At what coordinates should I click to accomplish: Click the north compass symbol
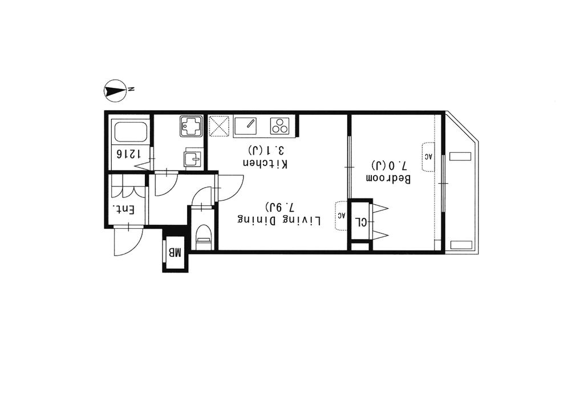pos(115,90)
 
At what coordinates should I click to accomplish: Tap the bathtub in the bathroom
pos(131,132)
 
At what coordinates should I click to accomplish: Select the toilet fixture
pos(204,237)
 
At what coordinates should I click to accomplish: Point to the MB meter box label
pos(175,253)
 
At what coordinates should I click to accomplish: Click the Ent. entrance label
pos(124,210)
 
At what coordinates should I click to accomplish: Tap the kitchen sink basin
pos(245,125)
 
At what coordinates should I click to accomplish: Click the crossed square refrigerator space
pos(219,126)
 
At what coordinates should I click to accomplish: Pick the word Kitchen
pos(265,163)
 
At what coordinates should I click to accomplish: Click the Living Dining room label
pos(279,220)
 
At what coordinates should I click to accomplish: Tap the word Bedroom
pos(388,179)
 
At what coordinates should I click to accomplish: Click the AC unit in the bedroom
pos(429,156)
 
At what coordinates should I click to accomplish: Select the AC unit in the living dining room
pos(342,216)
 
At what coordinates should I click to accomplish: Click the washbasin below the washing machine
pos(193,158)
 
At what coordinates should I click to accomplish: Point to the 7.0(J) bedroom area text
pos(389,164)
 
